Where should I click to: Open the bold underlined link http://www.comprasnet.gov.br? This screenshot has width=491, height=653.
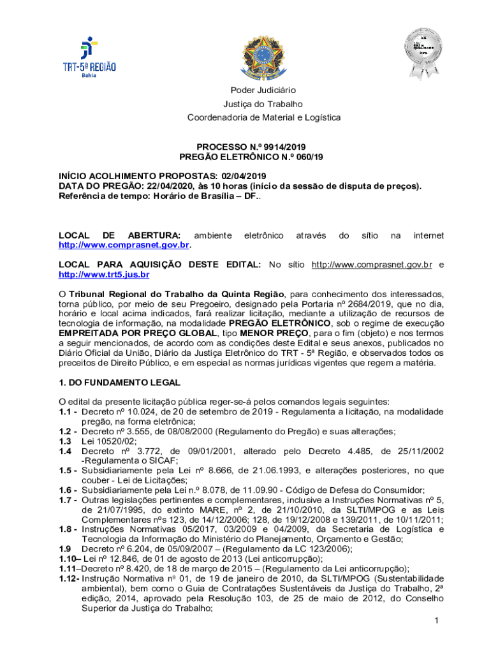125,245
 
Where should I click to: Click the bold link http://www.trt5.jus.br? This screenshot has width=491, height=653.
104,275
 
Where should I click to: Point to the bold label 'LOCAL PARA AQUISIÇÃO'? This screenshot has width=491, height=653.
120,265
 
